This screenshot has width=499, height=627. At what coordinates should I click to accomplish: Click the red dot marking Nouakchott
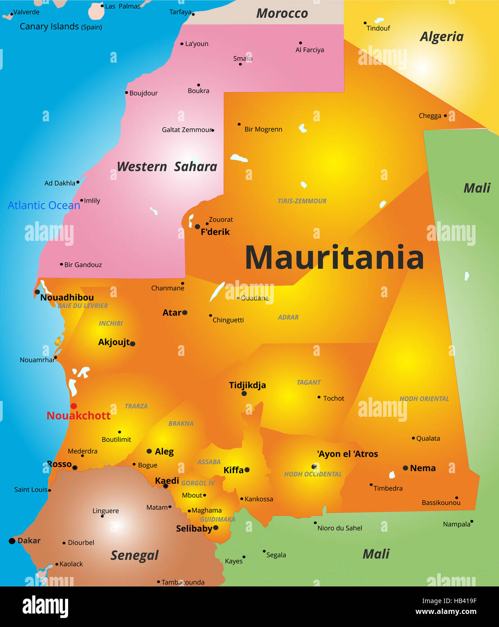coord(74,406)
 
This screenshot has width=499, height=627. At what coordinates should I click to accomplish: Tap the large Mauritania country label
coord(334,258)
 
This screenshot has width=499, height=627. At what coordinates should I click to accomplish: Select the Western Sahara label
coord(167,166)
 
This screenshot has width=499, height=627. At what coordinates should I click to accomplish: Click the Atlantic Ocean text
coord(44,205)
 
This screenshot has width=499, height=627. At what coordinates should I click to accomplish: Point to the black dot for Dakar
coord(12,541)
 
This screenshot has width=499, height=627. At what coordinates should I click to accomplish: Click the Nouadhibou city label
coord(67,297)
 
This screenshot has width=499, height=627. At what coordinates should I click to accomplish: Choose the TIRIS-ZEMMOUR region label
coord(302,201)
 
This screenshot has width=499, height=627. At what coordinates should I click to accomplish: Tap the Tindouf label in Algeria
coord(378,28)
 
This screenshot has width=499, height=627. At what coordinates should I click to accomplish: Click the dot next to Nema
coord(405,468)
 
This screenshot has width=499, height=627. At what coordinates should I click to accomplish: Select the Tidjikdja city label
coord(247,385)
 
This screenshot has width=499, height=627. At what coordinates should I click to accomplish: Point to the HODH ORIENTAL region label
coord(424,399)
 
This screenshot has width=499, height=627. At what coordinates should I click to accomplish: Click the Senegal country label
coord(134,555)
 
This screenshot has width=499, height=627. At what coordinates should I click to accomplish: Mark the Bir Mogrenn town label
coord(263,129)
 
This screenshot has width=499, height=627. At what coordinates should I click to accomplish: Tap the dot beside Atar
coord(185,313)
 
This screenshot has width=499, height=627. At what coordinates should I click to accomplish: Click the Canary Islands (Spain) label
coord(60,27)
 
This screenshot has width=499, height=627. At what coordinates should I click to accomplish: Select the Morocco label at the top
coord(282,14)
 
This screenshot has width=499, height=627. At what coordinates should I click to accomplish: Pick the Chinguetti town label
coord(228,320)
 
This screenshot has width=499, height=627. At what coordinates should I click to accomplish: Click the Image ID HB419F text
coord(449,601)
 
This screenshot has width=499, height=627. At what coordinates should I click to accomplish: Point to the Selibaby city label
coord(194,528)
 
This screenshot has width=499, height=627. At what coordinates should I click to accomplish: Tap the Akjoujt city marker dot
coord(133,344)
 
